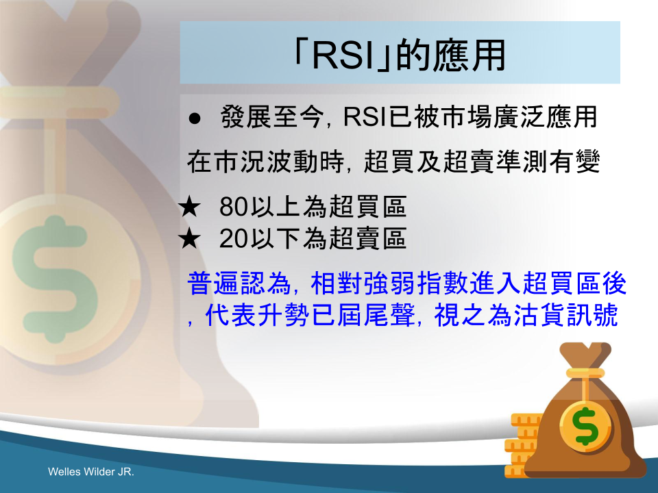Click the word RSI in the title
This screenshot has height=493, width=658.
click(x=343, y=55)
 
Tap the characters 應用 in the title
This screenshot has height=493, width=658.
click(x=470, y=55)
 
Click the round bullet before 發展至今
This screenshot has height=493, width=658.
click(x=194, y=118)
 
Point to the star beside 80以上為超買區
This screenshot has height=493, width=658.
click(x=189, y=207)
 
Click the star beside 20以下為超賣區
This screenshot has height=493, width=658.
click(x=189, y=238)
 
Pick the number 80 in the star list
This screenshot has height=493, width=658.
click(x=233, y=207)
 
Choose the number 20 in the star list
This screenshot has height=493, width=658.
click(x=233, y=238)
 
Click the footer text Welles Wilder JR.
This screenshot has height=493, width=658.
click(x=91, y=472)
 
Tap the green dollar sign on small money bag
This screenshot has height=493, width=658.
click(x=586, y=427)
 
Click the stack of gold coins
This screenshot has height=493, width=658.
click(x=522, y=445)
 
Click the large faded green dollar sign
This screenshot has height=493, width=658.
click(x=55, y=279)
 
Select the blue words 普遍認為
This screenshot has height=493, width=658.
click(x=239, y=283)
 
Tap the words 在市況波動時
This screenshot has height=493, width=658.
click(x=266, y=162)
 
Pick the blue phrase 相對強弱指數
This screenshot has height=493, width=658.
click(x=389, y=283)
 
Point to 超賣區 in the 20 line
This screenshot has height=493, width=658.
click(x=367, y=238)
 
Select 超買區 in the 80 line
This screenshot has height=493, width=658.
click(x=367, y=207)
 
